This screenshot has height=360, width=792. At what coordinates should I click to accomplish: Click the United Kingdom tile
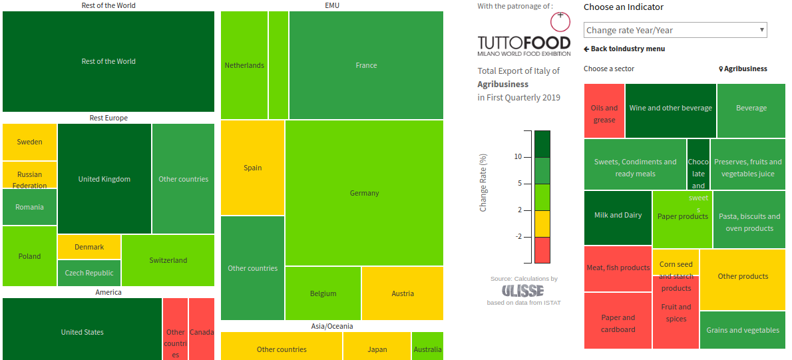coord(104,179)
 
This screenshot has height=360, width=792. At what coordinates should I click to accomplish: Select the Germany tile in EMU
coord(364,193)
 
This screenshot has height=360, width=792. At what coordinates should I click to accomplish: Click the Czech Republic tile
coord(89,273)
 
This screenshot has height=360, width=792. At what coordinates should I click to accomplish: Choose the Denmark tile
coord(89,247)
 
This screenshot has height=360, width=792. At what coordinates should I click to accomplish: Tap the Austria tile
coord(403,293)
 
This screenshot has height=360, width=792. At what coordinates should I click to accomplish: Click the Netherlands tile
coord(244,65)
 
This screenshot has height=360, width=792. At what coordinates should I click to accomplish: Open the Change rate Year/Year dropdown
coord(675,30)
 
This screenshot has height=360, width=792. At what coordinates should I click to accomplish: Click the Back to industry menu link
coord(624,49)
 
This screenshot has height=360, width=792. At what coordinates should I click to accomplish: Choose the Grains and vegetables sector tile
coord(743,330)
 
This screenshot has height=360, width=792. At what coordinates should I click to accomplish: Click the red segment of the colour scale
coord(542,250)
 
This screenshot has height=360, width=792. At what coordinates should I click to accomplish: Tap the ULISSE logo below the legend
coord(522,291)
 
